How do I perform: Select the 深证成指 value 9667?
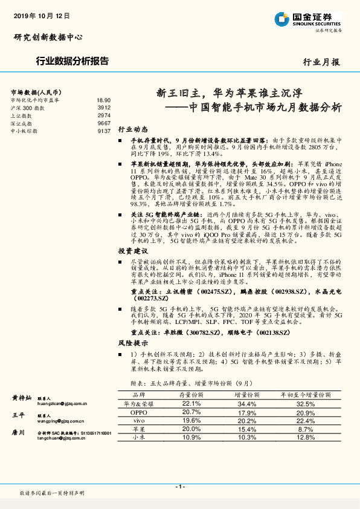pos(104,123)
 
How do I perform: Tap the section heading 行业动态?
pos(133,130)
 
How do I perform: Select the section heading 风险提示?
pos(133,343)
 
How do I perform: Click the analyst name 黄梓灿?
pos(22,398)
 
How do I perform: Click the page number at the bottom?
pos(179,487)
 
